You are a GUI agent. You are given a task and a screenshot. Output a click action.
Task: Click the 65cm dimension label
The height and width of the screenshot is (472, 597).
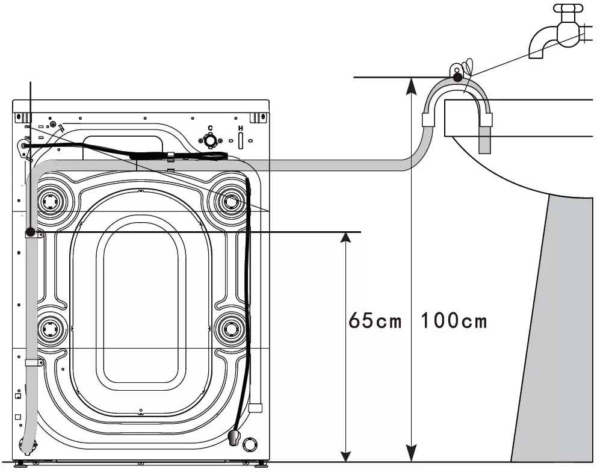tap(375, 320)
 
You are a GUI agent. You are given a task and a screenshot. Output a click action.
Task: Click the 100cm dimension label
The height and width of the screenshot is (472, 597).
tap(454, 320)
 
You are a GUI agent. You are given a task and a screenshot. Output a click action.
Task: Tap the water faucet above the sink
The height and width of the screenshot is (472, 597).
tap(560, 31)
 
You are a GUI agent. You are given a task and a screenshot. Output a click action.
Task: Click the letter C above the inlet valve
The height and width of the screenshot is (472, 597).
tap(210, 128)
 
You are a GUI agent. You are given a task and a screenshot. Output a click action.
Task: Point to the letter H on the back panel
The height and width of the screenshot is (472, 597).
tap(240, 128)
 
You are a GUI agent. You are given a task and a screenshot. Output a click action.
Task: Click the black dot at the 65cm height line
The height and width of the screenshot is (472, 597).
tap(31, 232)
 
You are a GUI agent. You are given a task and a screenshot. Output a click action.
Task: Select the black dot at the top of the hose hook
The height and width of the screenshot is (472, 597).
tap(457, 77)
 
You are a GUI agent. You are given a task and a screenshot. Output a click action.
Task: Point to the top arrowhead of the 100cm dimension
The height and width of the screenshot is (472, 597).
tap(411, 85)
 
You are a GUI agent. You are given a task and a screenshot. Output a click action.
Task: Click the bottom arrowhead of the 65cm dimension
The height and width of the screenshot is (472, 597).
tap(345, 455)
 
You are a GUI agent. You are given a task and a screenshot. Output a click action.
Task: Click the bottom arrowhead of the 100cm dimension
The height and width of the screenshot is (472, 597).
tap(411, 455)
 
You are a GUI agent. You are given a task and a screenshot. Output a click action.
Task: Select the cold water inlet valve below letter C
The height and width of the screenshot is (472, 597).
tap(210, 140)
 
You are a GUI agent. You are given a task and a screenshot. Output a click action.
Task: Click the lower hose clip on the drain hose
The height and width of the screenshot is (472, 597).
tap(34, 362)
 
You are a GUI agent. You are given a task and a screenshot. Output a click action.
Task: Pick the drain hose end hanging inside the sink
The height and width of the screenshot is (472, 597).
tap(484, 140)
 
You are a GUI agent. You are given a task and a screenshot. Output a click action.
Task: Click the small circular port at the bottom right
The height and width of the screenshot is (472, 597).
tap(250, 444)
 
